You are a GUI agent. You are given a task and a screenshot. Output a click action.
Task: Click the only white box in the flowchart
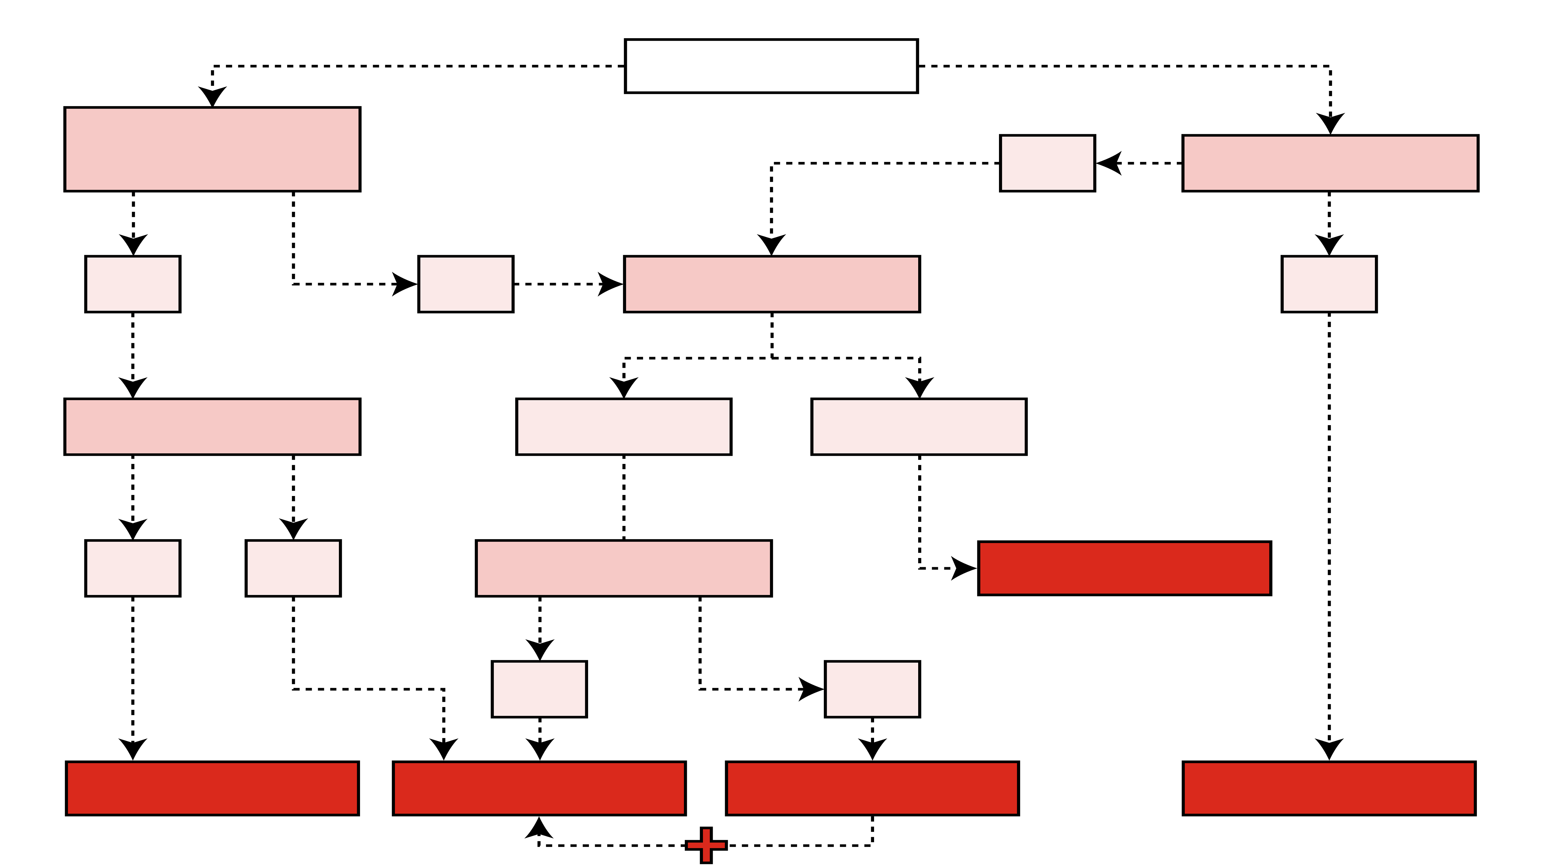click(771, 66)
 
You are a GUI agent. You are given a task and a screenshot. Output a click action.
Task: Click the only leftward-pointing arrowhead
click(1108, 163)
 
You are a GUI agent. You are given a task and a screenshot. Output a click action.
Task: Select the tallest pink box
click(212, 149)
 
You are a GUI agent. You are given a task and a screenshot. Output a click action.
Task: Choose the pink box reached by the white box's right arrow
click(1330, 163)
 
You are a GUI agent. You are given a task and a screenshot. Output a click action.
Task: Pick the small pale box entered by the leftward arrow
click(1047, 163)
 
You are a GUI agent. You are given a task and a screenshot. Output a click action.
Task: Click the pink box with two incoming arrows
click(771, 284)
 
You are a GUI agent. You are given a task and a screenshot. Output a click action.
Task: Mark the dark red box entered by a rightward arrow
click(1124, 568)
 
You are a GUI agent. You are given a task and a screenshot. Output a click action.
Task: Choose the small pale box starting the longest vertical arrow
click(1328, 284)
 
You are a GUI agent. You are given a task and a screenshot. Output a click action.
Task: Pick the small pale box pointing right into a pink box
click(466, 284)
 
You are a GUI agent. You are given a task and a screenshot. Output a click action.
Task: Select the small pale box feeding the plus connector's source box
click(872, 689)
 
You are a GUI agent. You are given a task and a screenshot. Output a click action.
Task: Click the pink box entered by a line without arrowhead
click(624, 568)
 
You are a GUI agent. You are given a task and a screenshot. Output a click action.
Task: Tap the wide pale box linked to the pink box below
click(624, 427)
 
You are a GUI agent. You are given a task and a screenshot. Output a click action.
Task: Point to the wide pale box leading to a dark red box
click(919, 427)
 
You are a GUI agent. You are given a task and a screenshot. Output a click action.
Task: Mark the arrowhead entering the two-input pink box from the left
click(611, 284)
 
